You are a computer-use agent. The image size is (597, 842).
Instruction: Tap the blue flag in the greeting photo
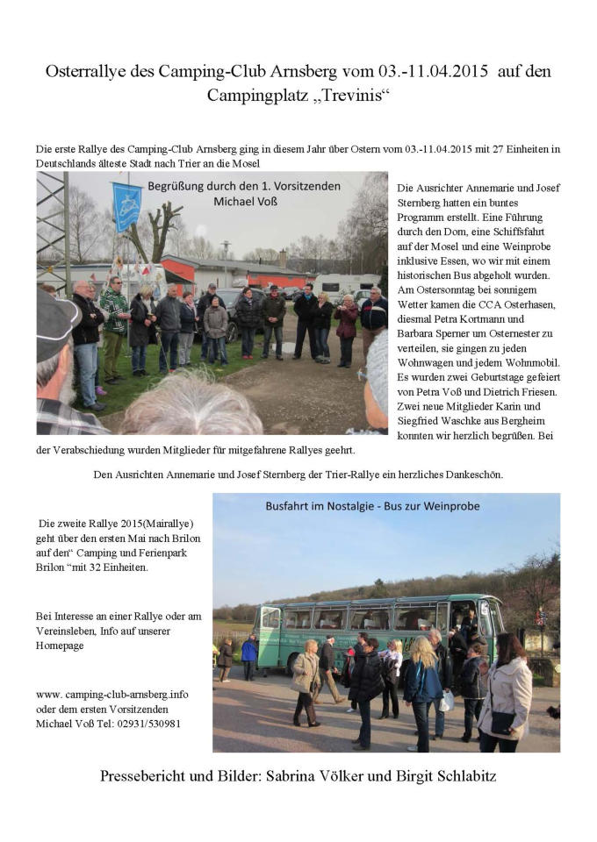[x=128, y=207]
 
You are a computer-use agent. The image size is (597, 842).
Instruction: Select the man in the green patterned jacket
[x=113, y=311]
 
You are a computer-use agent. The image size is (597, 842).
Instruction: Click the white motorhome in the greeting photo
[x=346, y=284]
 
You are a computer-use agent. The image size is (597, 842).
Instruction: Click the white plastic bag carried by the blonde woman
[x=447, y=701]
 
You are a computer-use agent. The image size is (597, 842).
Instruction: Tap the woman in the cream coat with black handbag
[x=507, y=697]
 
